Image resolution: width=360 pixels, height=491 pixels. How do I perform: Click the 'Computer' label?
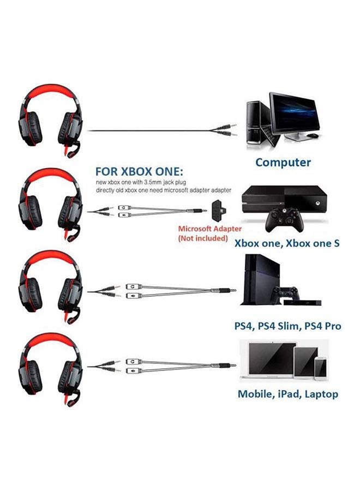(x=283, y=162)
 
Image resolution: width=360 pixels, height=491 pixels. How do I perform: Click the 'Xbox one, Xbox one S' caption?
(x=287, y=243)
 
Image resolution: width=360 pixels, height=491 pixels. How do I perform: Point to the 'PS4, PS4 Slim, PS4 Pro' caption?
(x=287, y=326)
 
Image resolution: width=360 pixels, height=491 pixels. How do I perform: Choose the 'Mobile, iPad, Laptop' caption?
(x=287, y=393)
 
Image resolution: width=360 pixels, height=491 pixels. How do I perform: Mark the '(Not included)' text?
(x=203, y=239)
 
